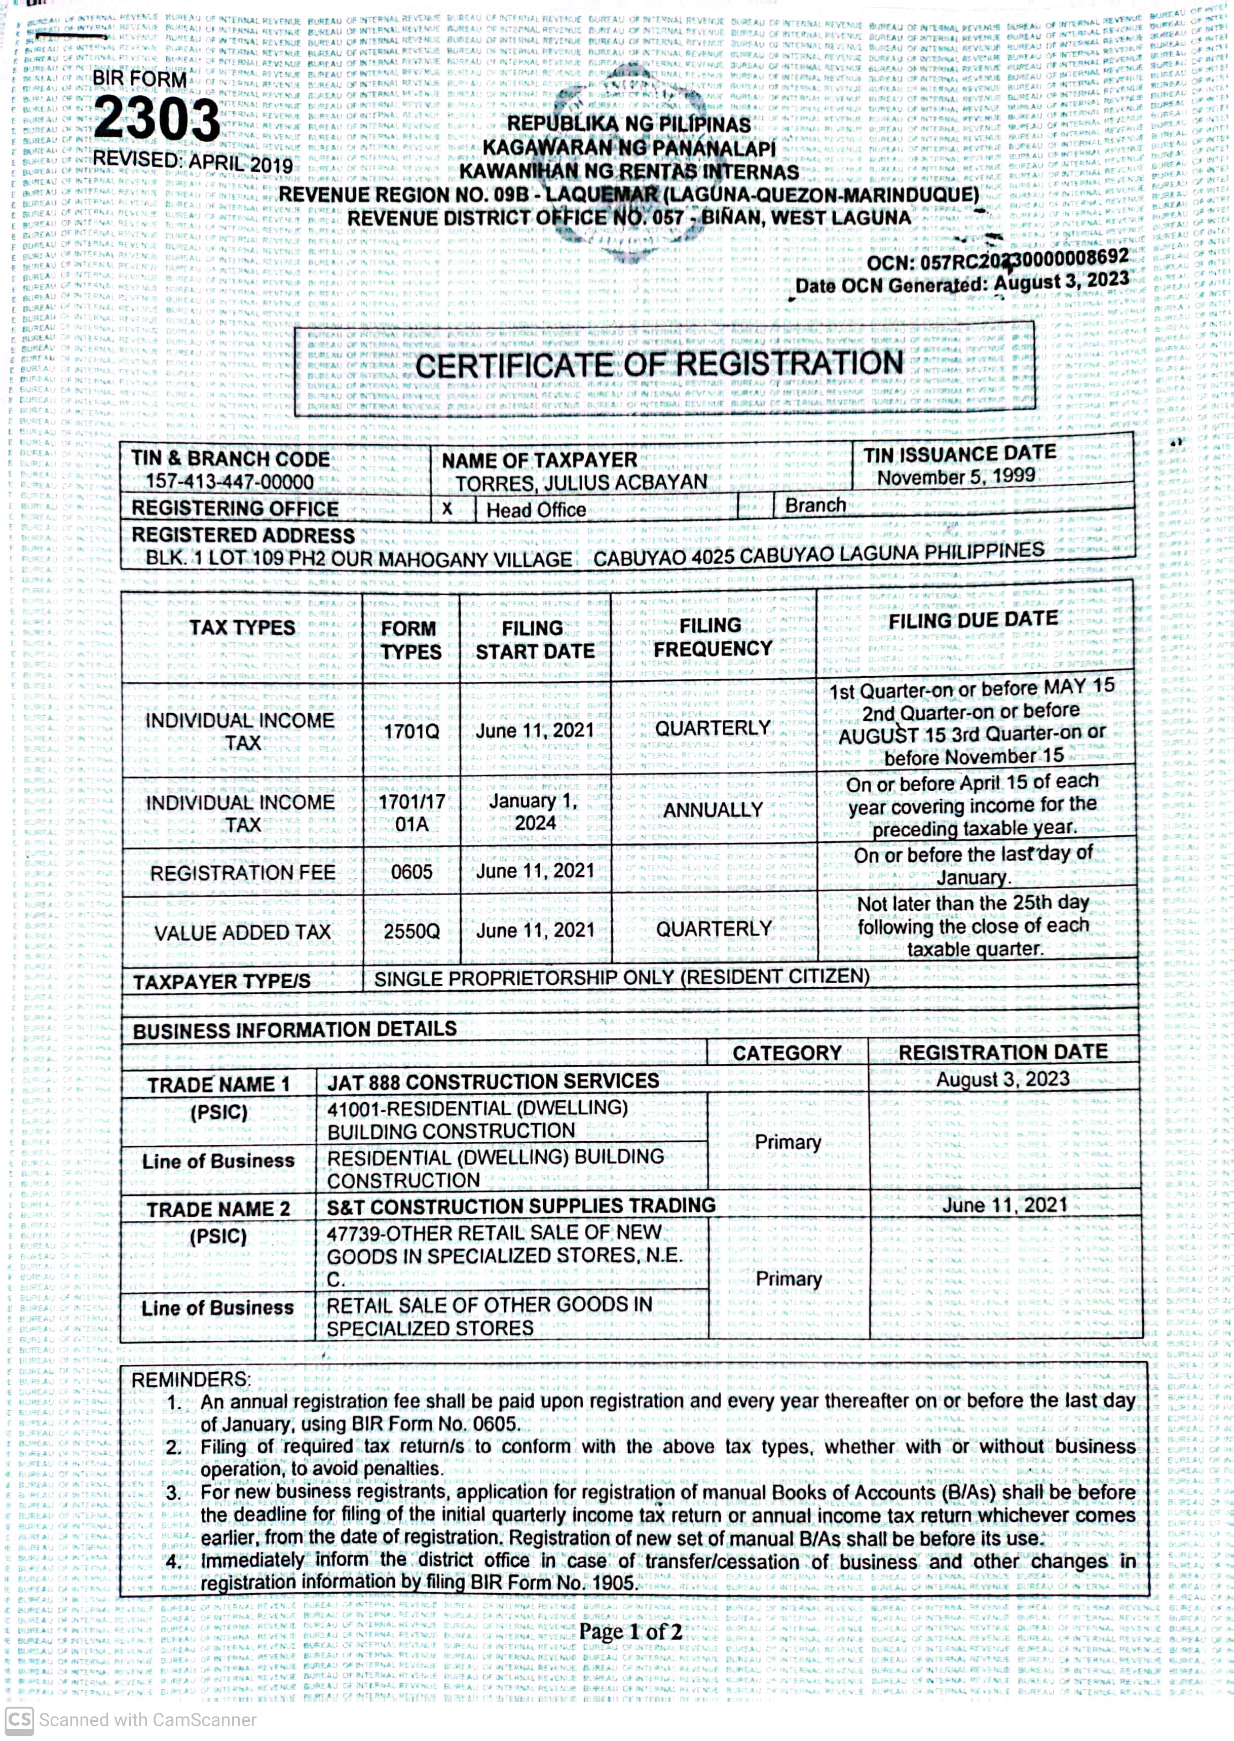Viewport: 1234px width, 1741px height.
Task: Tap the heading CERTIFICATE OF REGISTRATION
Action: pyautogui.click(x=659, y=365)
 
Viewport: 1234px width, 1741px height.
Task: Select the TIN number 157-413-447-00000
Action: pyautogui.click(x=230, y=482)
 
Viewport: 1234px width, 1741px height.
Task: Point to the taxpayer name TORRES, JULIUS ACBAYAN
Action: pyautogui.click(x=581, y=482)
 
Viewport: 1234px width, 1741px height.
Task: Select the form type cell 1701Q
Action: pyautogui.click(x=411, y=731)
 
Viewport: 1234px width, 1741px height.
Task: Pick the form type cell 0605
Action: pyautogui.click(x=411, y=871)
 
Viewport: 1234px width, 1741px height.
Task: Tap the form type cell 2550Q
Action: pyautogui.click(x=411, y=931)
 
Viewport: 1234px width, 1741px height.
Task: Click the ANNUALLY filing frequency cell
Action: pyautogui.click(x=712, y=810)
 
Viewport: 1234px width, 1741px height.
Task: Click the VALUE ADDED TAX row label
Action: pyautogui.click(x=242, y=933)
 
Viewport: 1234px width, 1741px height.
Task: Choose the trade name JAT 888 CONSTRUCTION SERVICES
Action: pyautogui.click(x=493, y=1081)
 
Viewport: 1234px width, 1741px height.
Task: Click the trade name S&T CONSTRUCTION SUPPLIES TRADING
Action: pyautogui.click(x=520, y=1206)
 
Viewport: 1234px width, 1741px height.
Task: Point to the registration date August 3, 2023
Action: pyautogui.click(x=1002, y=1079)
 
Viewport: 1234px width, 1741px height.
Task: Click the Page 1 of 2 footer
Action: pyautogui.click(x=630, y=1632)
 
